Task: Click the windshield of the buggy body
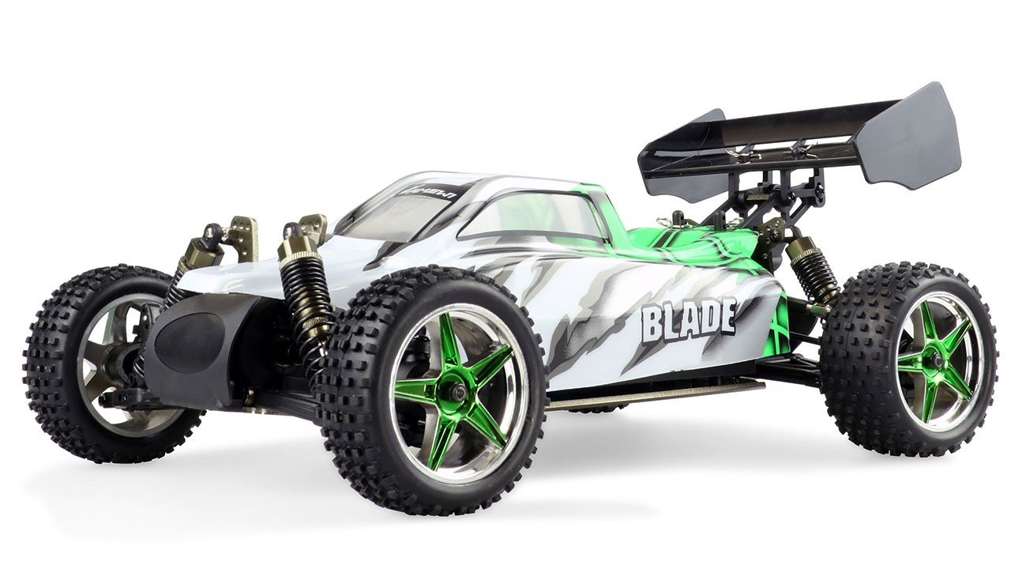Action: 395,209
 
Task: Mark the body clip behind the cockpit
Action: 678,218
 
